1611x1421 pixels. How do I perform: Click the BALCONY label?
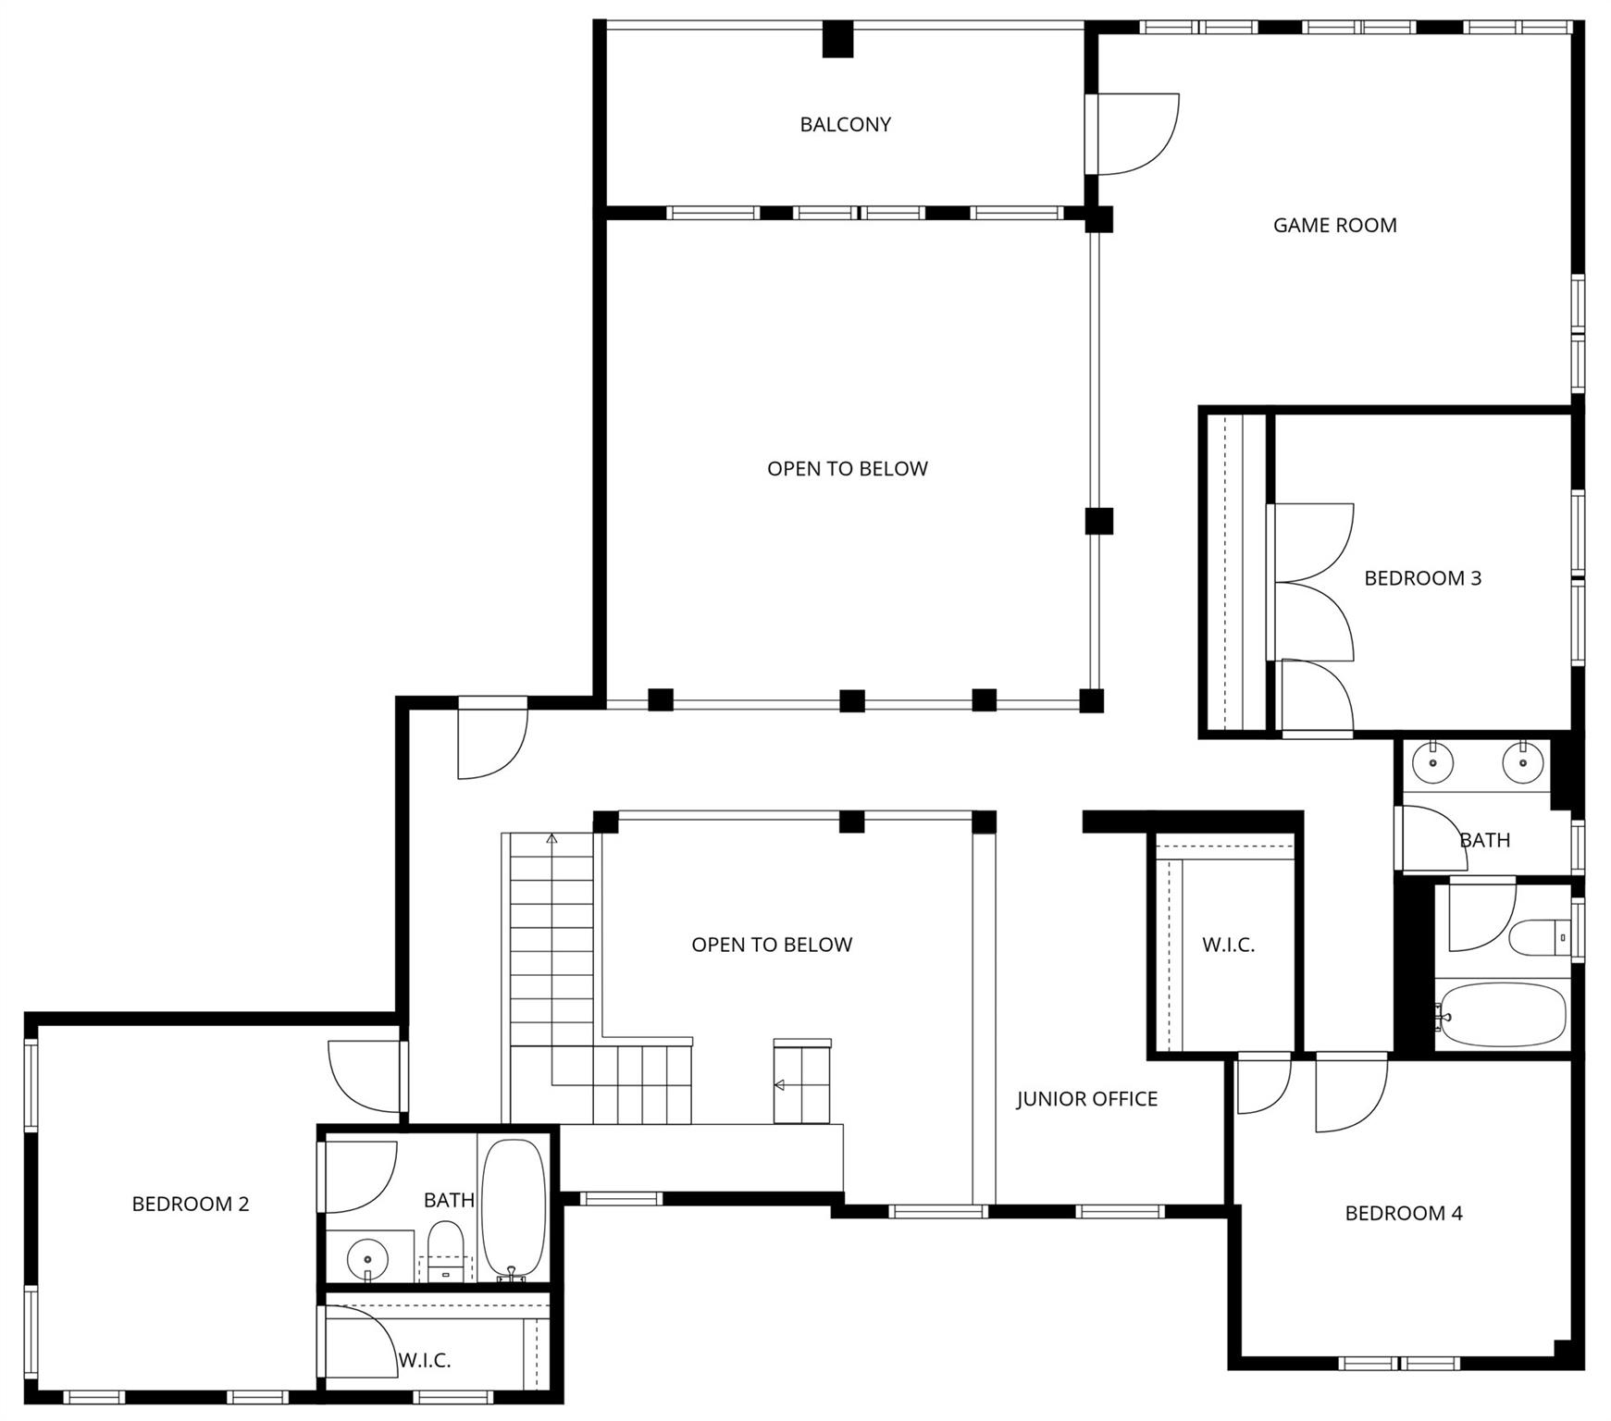click(x=845, y=124)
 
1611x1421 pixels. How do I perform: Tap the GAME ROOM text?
click(x=1334, y=225)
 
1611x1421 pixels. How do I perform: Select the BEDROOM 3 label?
click(x=1422, y=578)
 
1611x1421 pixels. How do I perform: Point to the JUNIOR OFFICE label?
click(x=1086, y=1099)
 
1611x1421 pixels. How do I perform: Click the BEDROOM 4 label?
click(x=1403, y=1213)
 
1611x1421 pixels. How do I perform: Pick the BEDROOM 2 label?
click(x=191, y=1204)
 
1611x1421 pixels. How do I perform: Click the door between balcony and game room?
click(x=1134, y=133)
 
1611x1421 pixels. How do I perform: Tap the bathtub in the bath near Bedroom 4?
click(x=1501, y=1015)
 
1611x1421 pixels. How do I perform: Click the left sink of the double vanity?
click(x=1432, y=763)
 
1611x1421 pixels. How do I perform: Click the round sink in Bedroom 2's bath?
click(x=367, y=1258)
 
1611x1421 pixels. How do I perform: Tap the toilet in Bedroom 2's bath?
click(x=445, y=1241)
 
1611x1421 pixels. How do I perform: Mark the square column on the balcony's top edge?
click(x=837, y=39)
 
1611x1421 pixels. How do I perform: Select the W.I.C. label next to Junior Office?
click(x=1228, y=945)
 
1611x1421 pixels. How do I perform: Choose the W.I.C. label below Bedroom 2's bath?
click(x=425, y=1360)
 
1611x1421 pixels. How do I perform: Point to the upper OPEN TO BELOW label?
click(x=847, y=469)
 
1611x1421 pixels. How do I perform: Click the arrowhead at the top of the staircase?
click(x=552, y=838)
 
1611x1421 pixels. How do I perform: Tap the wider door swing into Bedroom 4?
click(x=1351, y=1094)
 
